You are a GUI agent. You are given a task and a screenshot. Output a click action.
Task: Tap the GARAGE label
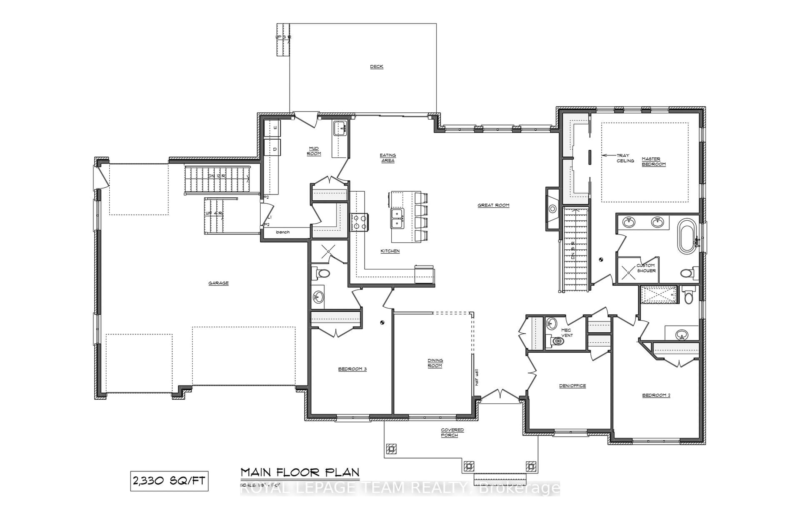218,283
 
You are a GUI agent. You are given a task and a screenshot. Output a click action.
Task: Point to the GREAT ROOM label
493,205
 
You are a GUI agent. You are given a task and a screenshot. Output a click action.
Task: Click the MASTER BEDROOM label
653,162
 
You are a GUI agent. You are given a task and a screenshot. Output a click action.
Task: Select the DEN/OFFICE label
572,386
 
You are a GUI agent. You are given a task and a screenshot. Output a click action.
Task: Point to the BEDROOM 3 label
352,369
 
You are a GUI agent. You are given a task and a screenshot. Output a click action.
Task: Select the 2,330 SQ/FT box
169,481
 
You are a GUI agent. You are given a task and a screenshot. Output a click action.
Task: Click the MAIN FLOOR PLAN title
300,473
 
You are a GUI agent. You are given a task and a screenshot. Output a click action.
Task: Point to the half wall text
476,377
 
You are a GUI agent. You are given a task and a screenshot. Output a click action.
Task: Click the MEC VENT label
566,333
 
